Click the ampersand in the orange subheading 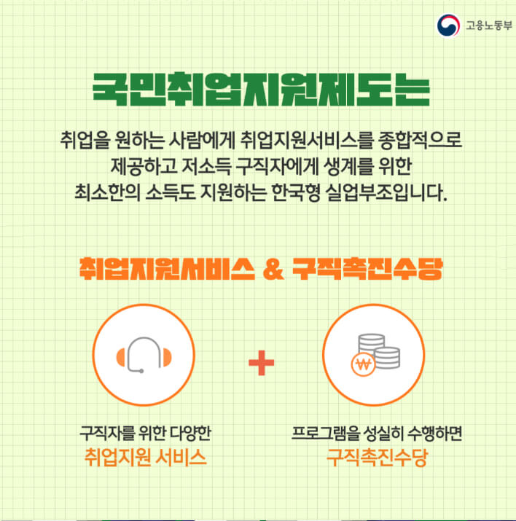272,267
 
